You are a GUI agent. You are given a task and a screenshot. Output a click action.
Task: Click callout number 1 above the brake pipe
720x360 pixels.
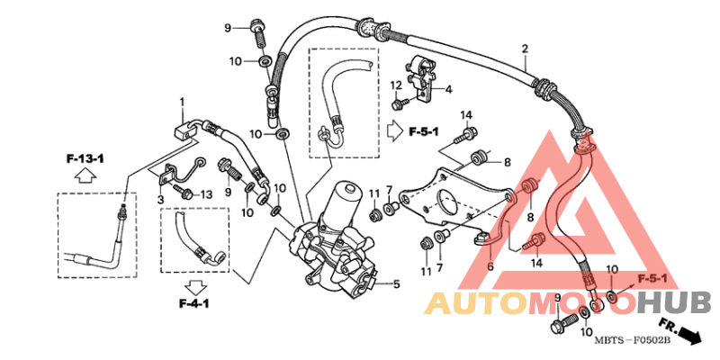(x=181, y=101)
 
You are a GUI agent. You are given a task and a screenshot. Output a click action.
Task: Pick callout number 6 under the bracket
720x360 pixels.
(x=490, y=267)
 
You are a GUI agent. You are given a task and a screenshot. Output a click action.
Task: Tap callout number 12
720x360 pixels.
(x=395, y=85)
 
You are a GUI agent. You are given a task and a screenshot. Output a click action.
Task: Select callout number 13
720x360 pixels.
(x=206, y=193)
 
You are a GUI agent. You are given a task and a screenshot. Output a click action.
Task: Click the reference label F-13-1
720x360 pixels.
(x=85, y=158)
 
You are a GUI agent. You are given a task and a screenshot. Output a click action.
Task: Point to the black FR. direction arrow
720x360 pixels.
(x=688, y=335)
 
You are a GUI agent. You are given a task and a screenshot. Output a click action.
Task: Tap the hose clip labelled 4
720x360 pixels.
(x=422, y=71)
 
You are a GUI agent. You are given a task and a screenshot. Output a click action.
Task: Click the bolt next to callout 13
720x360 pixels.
(x=184, y=193)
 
